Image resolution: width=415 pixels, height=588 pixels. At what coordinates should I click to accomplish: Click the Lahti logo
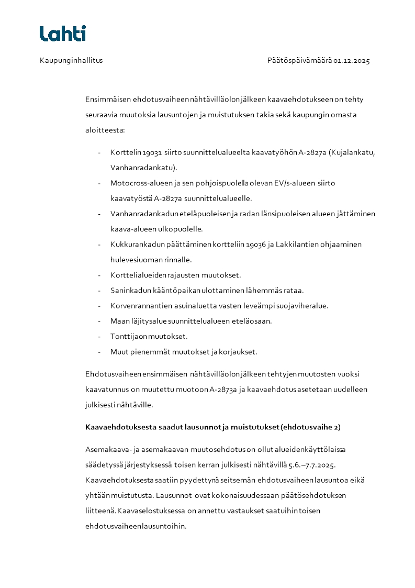tap(63, 34)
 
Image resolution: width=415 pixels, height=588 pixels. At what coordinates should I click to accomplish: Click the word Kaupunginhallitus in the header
tap(71, 61)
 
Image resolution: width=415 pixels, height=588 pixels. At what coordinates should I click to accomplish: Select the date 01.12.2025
tap(352, 61)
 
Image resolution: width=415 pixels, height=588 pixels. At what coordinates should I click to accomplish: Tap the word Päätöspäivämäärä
tap(299, 61)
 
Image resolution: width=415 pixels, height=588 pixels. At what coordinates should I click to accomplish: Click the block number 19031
tap(148, 153)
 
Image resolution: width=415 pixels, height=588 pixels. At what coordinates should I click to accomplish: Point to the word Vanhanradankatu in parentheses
tap(143, 168)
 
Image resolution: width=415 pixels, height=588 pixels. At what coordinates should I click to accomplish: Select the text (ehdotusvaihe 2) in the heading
tap(310, 427)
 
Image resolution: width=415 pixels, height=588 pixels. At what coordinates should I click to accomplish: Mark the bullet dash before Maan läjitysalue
tap(99, 321)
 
